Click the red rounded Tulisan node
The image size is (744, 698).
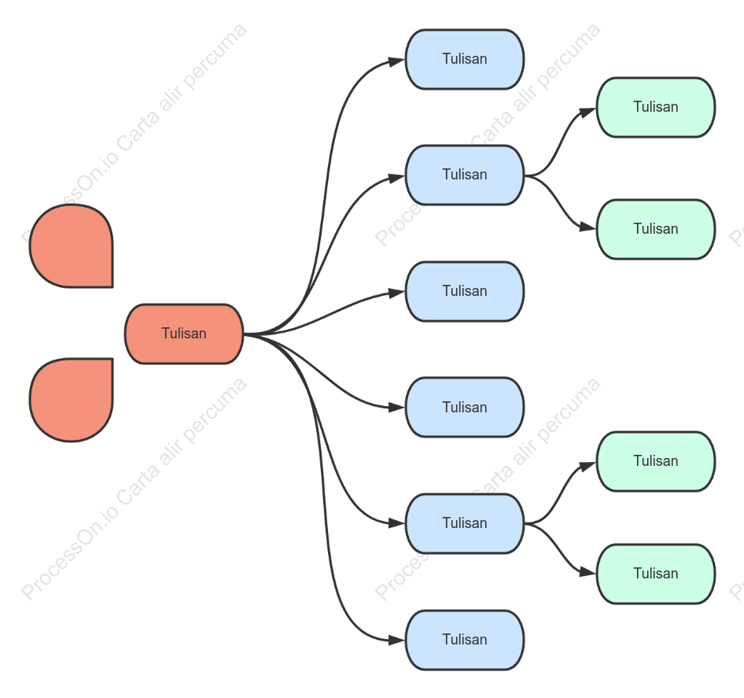184,334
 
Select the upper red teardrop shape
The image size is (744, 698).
71,246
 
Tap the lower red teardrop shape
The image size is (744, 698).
71,400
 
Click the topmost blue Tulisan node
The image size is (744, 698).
465,59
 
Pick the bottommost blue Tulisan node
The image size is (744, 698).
465,640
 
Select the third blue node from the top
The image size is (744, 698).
465,291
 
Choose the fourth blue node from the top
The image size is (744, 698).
465,408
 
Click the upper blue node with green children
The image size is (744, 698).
465,175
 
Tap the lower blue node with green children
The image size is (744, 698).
465,524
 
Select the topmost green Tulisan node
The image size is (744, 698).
656,107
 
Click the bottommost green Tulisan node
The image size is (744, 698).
656,574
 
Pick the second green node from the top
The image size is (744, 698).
656,229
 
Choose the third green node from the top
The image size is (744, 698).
656,462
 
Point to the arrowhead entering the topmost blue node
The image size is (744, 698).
396,61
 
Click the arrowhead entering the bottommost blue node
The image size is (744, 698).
396,641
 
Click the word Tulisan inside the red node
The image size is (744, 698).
184,334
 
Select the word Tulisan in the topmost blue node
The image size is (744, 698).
465,59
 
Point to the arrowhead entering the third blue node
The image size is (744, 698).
396,293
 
